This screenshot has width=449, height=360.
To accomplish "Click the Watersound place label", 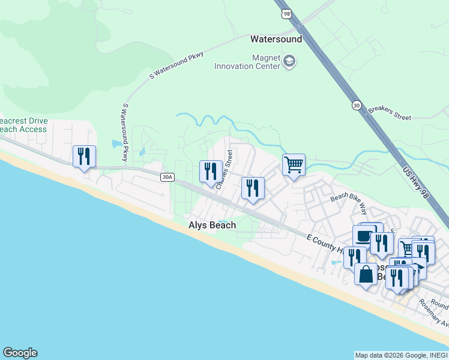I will pos(276,39).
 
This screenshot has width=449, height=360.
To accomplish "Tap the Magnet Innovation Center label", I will pos(247,61).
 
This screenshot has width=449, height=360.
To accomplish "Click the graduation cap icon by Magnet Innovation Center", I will pos(290,61).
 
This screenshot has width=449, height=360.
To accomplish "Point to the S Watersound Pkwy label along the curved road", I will pos(176,65).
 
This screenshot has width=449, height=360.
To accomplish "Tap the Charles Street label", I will pos(224,170).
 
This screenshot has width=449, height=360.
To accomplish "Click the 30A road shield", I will pos(167,177).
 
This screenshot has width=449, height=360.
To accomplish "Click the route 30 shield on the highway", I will pos(357,106).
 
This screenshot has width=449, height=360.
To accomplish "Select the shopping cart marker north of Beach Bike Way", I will pos(294,164).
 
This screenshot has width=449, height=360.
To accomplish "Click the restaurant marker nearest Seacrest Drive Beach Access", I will pos(83,157).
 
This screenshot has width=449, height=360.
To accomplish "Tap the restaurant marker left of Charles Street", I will pos(210,171).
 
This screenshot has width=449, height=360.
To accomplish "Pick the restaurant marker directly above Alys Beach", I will pos(252,188).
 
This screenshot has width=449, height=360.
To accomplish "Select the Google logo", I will pos(20,353).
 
